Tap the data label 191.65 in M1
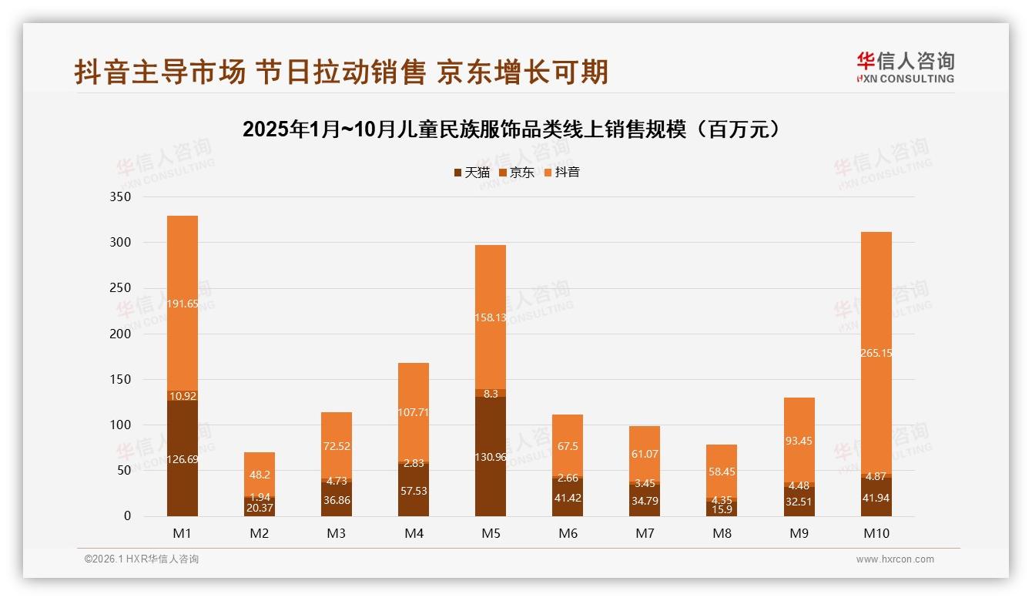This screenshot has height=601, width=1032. coord(183,304)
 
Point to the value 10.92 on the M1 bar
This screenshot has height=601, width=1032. coord(183,396)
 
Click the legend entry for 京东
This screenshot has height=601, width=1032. coord(517,172)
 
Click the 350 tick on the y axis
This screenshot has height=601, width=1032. coord(121,196)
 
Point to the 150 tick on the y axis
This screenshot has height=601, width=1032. coord(121,379)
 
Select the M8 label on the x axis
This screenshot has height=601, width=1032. coord(722,533)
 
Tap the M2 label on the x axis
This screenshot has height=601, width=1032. coord(260,533)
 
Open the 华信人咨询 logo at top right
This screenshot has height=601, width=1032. coord(905,67)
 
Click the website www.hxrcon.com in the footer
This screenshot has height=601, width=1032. coord(895,559)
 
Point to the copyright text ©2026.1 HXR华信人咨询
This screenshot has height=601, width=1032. coord(141,559)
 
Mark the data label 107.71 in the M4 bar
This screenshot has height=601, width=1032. coord(414,412)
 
